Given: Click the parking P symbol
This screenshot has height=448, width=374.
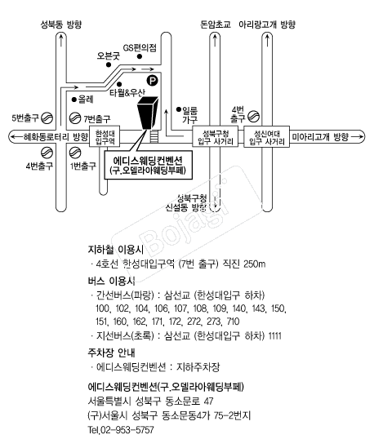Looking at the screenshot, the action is [x=152, y=80].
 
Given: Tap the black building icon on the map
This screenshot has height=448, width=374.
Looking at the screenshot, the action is [x=147, y=113].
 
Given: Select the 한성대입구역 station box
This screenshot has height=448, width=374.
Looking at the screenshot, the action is [x=105, y=137].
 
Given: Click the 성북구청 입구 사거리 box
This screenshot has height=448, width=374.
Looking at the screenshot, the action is [x=216, y=137].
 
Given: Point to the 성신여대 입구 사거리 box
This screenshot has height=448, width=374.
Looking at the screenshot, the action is [x=266, y=137].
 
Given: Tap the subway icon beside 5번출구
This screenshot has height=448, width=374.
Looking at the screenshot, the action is [x=47, y=118].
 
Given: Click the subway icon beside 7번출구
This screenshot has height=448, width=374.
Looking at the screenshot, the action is [x=75, y=118].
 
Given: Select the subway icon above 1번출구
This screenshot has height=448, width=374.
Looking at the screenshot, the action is [x=75, y=153].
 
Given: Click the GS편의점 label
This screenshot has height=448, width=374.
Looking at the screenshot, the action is [x=140, y=47].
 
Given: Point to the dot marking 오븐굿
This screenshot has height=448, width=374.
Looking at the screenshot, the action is [x=109, y=64].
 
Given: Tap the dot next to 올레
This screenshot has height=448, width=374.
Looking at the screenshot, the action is [x=74, y=100].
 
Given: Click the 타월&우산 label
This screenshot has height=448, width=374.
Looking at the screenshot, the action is [x=127, y=92].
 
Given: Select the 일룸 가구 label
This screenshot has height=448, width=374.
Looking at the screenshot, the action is [x=190, y=114].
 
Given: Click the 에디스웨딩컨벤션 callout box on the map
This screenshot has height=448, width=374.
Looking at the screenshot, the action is [x=148, y=165].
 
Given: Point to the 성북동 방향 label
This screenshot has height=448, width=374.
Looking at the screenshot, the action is [x=61, y=24].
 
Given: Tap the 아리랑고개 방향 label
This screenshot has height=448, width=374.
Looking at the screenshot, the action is [x=267, y=24].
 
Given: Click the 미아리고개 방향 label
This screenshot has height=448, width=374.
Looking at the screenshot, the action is [x=320, y=137].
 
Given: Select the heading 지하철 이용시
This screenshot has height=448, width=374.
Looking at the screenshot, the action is [x=116, y=250].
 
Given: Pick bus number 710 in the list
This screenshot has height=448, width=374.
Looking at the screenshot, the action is [x=233, y=322].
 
